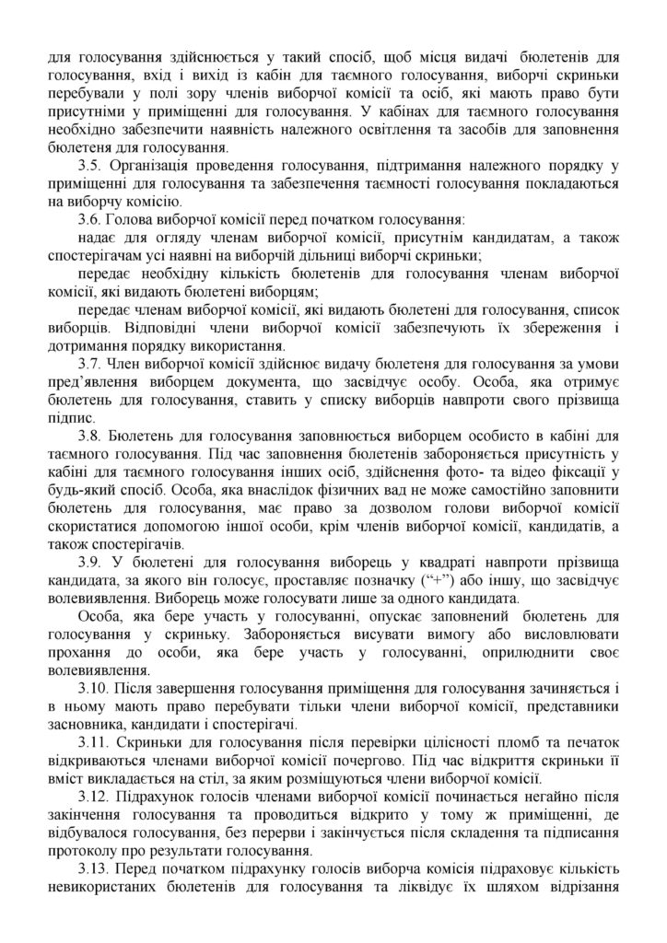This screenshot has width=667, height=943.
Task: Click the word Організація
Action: point(153,165)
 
